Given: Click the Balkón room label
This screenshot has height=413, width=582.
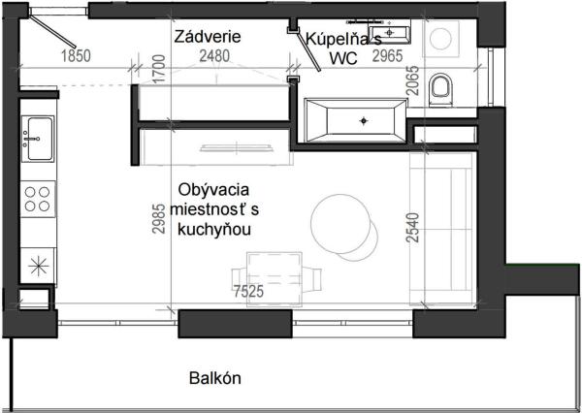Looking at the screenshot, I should (x=214, y=378).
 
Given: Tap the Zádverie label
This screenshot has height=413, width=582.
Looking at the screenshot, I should (x=208, y=37).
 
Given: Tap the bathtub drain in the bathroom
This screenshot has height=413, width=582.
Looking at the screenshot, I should (x=365, y=120).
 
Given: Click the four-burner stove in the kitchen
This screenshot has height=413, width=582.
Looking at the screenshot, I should (x=39, y=200).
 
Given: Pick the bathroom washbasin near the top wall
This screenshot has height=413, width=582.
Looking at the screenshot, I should (x=399, y=33).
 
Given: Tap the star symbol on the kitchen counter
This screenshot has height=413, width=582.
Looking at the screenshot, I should (x=39, y=263).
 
